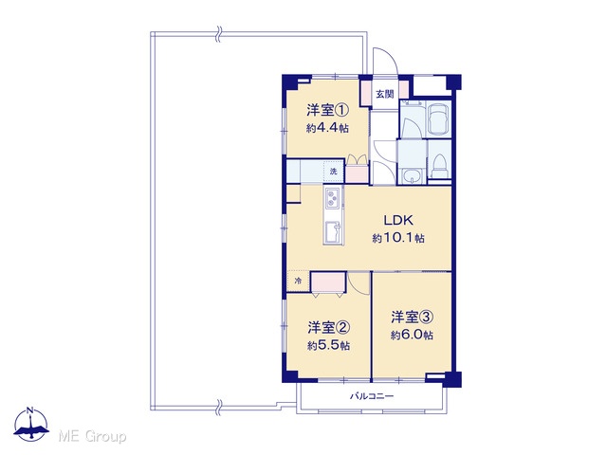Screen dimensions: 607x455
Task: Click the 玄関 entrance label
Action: pyautogui.click(x=385, y=94)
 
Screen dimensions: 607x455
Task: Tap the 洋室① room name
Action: pyautogui.click(x=327, y=111)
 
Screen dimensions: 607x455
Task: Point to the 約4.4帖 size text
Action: pyautogui.click(x=327, y=128)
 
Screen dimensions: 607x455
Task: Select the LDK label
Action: pyautogui.click(x=398, y=220)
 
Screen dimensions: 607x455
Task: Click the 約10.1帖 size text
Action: pyautogui.click(x=398, y=238)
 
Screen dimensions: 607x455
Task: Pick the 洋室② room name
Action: pyautogui.click(x=329, y=328)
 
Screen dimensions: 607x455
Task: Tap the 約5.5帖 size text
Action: pyautogui.click(x=329, y=345)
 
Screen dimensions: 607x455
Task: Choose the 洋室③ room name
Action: pyautogui.click(x=412, y=318)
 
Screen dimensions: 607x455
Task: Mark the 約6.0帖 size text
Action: pyautogui.click(x=412, y=335)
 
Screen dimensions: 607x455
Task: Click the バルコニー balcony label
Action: pyautogui.click(x=372, y=396)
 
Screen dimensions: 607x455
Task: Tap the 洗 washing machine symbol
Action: pyautogui.click(x=334, y=172)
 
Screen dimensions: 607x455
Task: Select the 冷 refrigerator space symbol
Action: pyautogui.click(x=298, y=281)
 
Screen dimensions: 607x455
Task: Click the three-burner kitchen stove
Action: pyautogui.click(x=333, y=197)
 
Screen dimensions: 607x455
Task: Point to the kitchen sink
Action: pyautogui.click(x=333, y=232)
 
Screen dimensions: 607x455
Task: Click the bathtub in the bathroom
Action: pyautogui.click(x=438, y=119)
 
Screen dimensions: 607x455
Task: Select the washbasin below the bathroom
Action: pyautogui.click(x=411, y=176)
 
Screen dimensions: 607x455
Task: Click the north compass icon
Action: pyautogui.click(x=31, y=425)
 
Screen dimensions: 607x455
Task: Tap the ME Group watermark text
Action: pyautogui.click(x=92, y=437)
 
